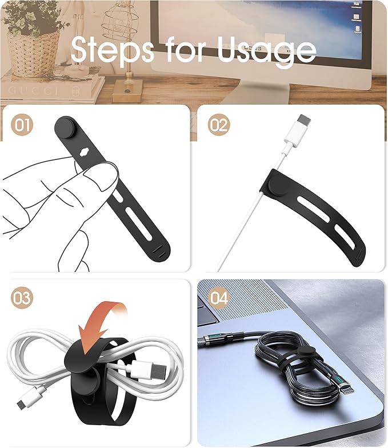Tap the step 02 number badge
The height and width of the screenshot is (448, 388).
(218, 125)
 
